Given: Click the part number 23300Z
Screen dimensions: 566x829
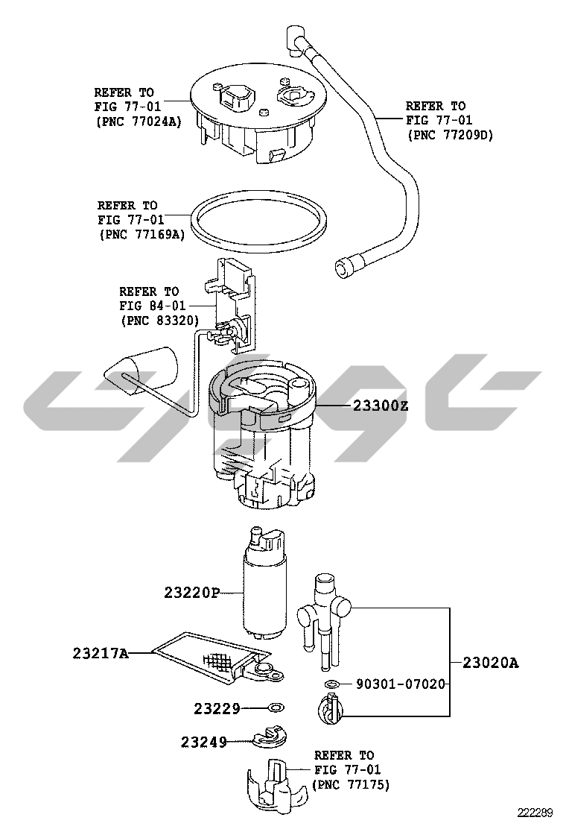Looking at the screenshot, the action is point(380,406).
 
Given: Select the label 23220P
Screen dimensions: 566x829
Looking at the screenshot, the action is point(191,593).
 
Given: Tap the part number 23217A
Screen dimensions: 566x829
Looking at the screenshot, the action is point(101,654).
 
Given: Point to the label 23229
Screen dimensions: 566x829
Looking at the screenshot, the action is point(217,708).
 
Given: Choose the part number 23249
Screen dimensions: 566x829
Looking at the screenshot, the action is point(204,743).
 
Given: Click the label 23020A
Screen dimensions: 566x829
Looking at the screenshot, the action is point(491,663).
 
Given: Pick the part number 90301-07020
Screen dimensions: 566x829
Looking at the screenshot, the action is point(400,684).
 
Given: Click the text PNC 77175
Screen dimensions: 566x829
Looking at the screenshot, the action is point(353,784).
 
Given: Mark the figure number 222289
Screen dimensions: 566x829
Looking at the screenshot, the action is point(534,813).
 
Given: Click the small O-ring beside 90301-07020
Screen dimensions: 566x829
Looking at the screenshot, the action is point(331,684).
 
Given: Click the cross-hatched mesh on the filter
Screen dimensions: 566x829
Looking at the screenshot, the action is point(217,661).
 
